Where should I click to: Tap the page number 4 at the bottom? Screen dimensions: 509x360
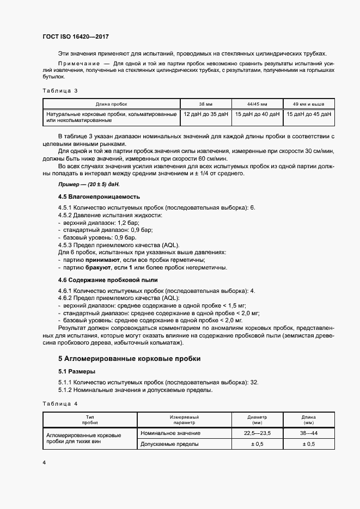point(44,462)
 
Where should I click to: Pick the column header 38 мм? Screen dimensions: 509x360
point(205,103)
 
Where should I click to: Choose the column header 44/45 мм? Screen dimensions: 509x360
point(257,103)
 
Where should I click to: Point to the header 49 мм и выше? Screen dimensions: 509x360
point(308,103)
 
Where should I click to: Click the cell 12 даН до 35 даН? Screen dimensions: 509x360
point(206,114)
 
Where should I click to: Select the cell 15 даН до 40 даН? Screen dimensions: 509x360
point(257,114)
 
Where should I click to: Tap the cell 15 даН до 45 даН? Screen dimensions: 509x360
point(308,114)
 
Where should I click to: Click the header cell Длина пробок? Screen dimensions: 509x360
point(111,103)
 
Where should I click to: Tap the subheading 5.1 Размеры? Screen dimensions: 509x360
point(77,371)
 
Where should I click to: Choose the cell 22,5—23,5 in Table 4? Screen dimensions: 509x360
point(258,433)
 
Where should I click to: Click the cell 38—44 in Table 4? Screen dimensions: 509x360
point(308,433)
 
